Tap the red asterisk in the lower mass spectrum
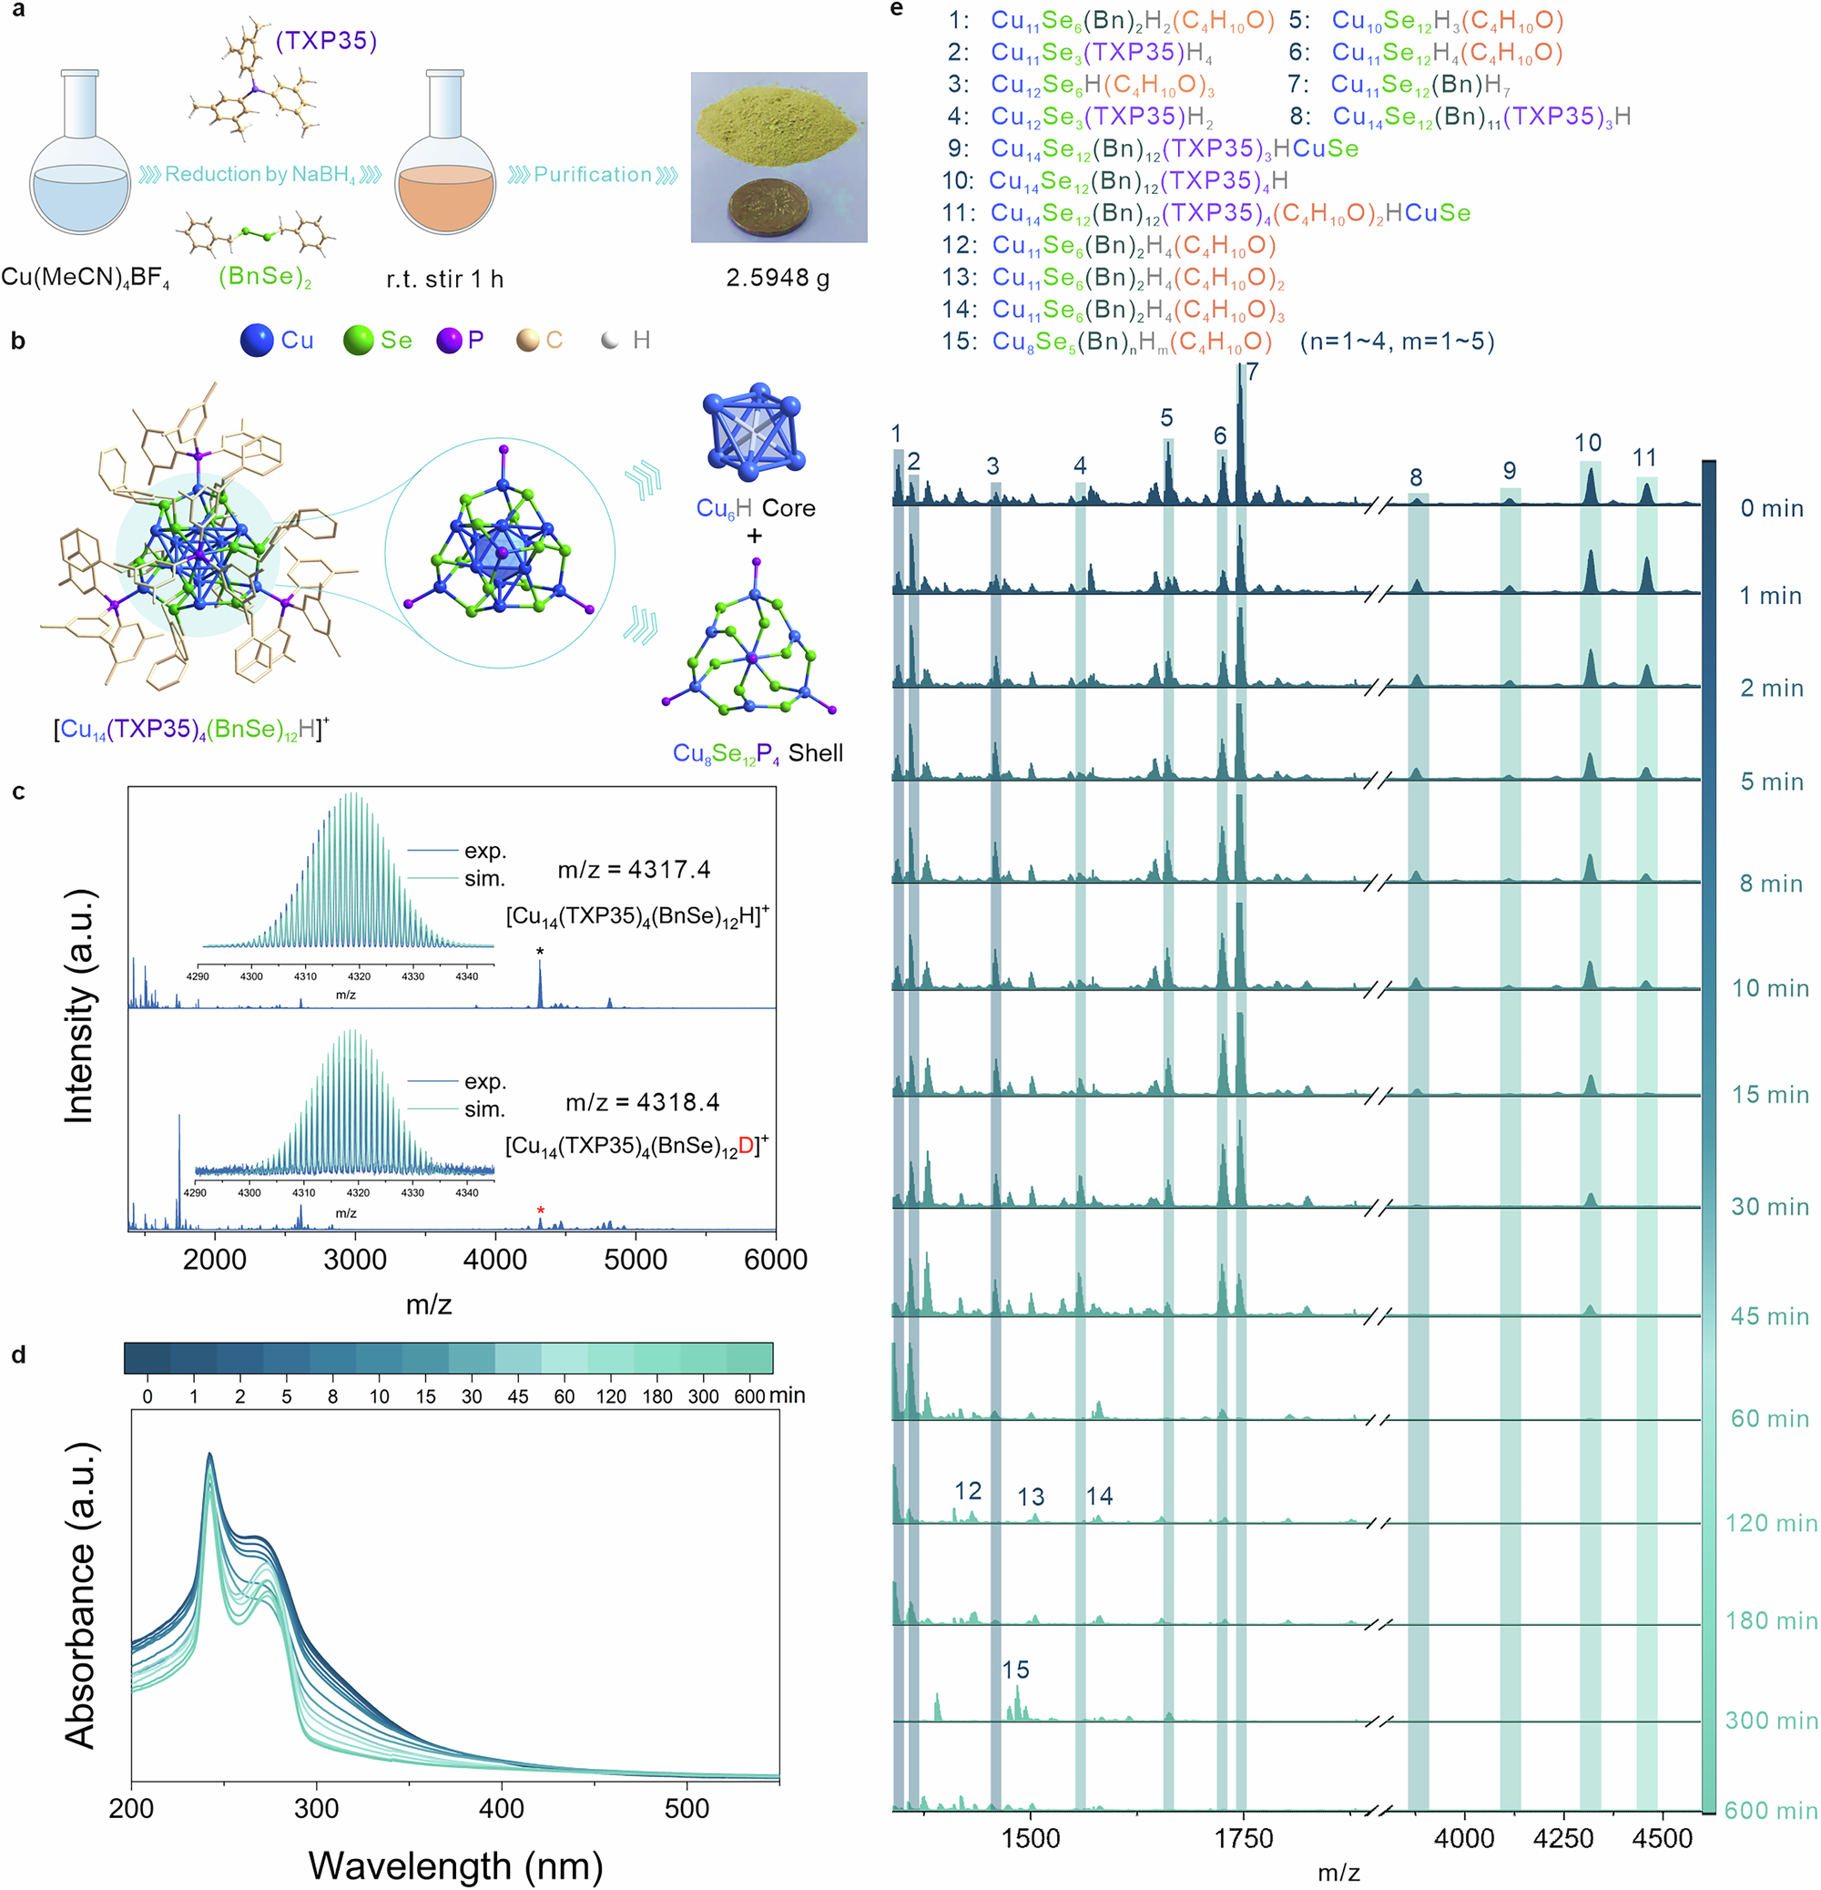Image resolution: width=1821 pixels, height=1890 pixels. coord(541,1211)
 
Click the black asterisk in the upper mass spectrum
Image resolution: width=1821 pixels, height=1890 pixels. coord(540,953)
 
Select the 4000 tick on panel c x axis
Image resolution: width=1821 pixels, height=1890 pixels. coord(495,1260)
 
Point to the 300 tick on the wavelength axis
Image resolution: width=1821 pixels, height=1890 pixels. coord(316,1808)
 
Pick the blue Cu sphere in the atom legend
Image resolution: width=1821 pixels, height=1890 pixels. coord(258,341)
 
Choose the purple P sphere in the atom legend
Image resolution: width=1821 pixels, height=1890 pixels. coord(449,341)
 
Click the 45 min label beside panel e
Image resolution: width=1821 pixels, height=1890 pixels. coord(1769,1316)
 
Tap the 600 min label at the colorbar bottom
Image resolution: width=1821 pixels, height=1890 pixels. coord(1770,1810)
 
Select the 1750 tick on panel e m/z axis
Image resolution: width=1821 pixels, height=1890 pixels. coord(1244,1838)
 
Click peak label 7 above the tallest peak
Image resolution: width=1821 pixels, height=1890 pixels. coord(1251,373)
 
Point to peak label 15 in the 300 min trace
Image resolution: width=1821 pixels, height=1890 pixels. coord(1015,1670)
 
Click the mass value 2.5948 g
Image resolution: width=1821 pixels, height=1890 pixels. coord(777,279)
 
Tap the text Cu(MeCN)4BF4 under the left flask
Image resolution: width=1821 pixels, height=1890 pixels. coord(85,279)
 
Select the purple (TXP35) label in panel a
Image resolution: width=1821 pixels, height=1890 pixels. coord(326,40)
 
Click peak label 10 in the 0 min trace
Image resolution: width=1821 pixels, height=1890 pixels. coord(1588,443)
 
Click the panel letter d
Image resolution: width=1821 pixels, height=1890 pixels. coord(18,1354)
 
